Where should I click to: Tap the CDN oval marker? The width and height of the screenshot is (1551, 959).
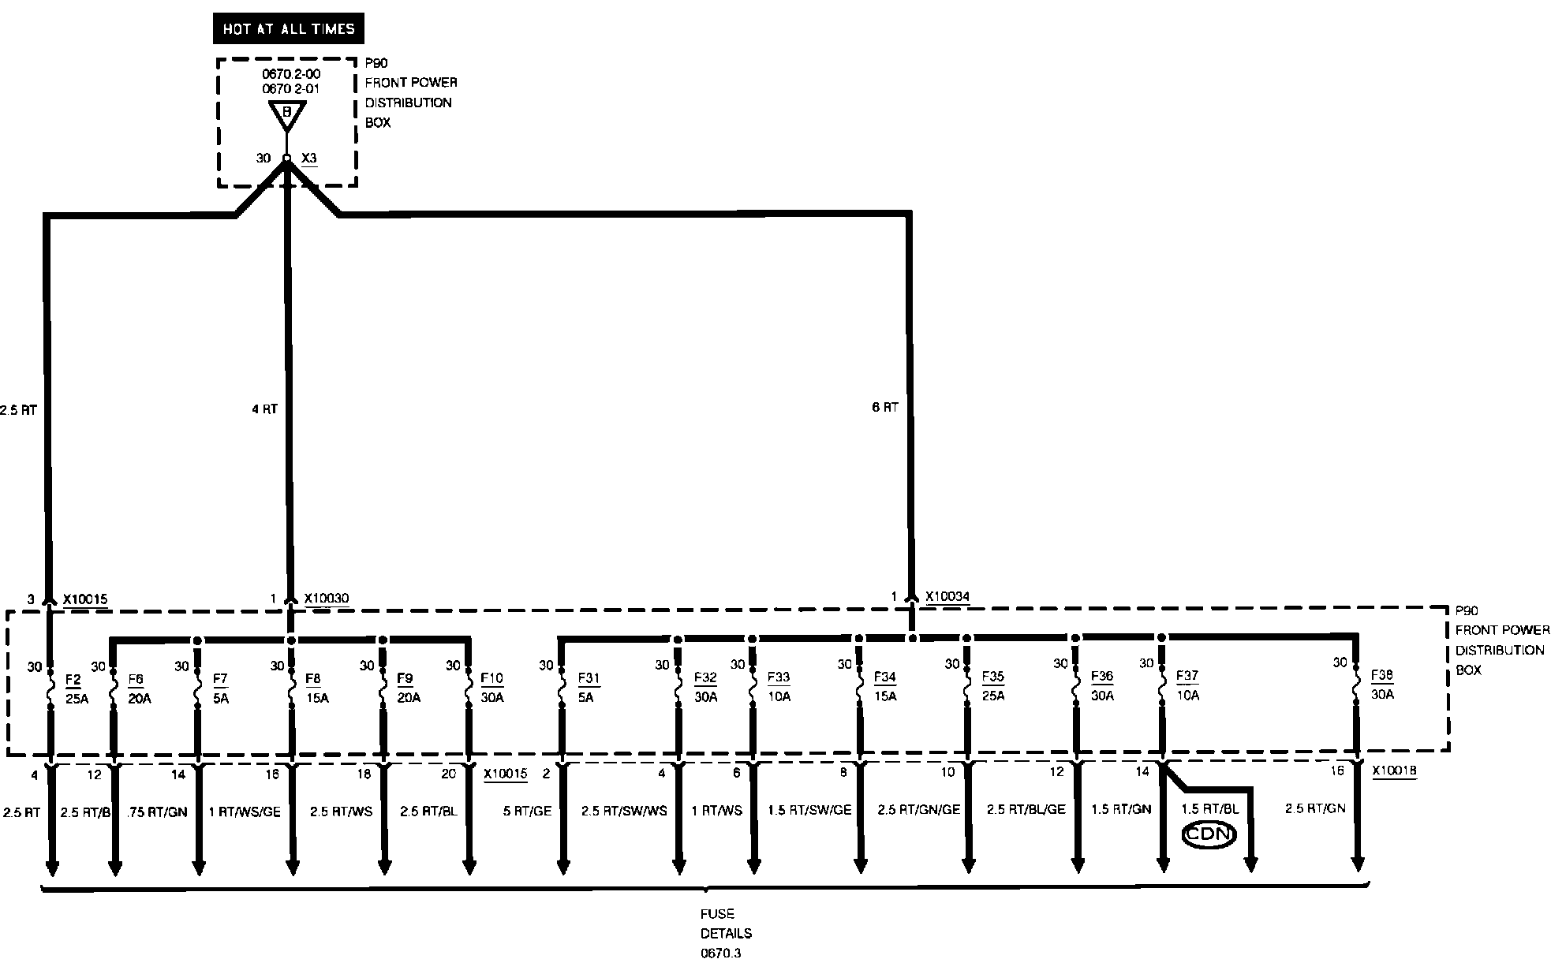tap(1209, 834)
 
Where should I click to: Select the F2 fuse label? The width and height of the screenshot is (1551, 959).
tap(73, 679)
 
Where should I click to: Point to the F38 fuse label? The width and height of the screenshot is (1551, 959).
tap(1382, 675)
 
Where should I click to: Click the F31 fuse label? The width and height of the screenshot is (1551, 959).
tap(589, 678)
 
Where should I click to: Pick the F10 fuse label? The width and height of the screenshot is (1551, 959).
tap(491, 678)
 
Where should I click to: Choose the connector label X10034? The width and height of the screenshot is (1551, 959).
tap(947, 597)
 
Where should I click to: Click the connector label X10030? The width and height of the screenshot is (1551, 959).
tap(326, 599)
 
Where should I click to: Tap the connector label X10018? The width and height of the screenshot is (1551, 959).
tap(1394, 771)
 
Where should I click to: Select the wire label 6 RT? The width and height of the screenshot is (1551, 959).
tap(885, 408)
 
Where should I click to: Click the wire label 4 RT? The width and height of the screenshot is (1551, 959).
tap(264, 409)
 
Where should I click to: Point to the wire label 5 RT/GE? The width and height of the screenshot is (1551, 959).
tap(527, 811)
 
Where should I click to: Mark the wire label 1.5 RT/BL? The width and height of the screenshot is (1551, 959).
tap(1209, 809)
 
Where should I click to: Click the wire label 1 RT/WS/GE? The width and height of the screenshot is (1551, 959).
tap(245, 812)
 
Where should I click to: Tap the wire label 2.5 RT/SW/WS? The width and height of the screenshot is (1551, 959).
tap(624, 811)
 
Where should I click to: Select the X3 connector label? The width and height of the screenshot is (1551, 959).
tap(309, 159)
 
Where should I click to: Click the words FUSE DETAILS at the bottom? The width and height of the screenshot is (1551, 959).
tap(726, 924)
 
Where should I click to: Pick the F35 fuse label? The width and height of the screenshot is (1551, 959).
tap(992, 677)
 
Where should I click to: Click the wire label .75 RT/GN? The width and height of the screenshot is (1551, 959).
tap(158, 812)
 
